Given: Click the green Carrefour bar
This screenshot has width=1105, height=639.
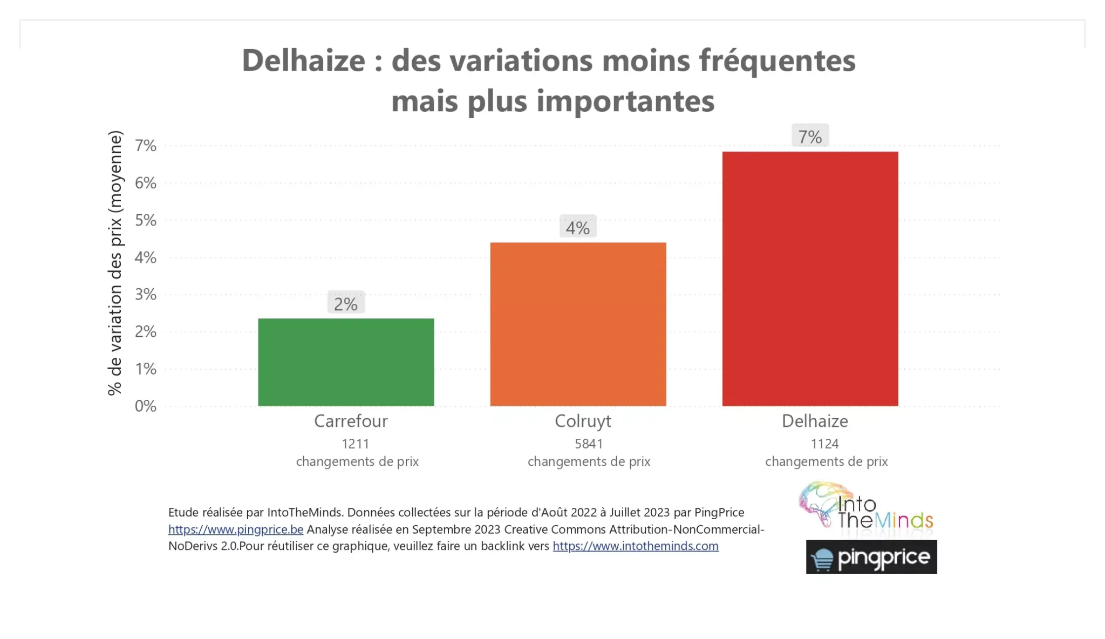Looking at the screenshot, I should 346,362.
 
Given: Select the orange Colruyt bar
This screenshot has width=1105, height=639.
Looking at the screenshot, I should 578,324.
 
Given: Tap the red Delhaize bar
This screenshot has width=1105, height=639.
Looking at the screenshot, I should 810,278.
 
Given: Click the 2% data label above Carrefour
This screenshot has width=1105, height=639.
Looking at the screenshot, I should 346,304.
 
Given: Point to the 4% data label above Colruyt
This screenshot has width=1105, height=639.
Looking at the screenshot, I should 578,228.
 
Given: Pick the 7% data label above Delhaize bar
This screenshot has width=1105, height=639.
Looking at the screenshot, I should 810,137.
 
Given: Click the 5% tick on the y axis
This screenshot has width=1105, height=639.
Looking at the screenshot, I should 146,220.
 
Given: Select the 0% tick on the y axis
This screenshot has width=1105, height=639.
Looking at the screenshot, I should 146,406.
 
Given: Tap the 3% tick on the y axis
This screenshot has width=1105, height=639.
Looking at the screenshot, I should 146,295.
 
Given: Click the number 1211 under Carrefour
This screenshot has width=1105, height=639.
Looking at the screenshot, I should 356,444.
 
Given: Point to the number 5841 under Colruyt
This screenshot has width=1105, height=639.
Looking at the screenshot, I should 589,444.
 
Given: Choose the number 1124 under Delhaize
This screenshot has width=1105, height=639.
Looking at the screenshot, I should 825,444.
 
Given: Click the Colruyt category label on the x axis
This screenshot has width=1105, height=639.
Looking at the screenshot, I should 583,421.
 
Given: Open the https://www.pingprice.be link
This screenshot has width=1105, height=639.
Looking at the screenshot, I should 236,529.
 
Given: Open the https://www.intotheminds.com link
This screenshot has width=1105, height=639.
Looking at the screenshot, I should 636,546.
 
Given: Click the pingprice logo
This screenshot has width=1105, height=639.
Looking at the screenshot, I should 871,558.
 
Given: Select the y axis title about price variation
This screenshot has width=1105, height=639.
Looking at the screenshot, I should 115,263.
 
